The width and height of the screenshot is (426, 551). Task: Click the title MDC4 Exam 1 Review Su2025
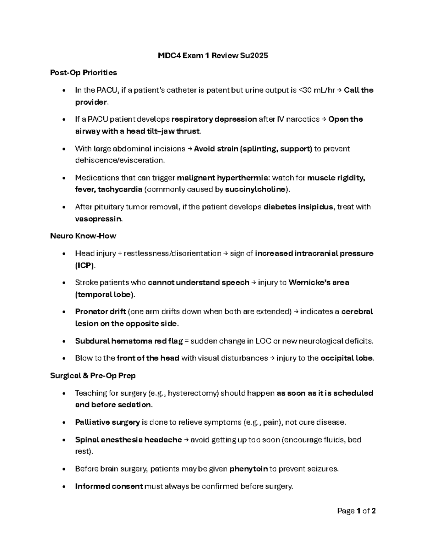pos(213,55)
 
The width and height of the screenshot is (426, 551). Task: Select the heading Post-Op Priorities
pos(83,73)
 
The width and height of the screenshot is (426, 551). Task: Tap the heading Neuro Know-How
pos(83,236)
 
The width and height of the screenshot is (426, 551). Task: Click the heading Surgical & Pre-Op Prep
pos(93,375)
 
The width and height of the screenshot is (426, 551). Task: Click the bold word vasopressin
pos(98,219)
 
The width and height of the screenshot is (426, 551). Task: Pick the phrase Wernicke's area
pos(318,283)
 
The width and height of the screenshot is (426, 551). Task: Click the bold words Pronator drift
pos(100,312)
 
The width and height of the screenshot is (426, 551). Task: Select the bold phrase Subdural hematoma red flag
pos(129,341)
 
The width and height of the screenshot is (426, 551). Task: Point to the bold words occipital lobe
pos(346,358)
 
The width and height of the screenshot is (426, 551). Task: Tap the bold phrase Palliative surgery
pos(107,422)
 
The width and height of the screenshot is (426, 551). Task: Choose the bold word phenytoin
pos(248,469)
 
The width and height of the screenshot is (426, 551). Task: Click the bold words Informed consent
pos(109,486)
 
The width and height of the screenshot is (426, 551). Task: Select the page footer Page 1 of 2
pos(356,511)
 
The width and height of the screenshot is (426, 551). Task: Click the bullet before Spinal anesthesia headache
pos(64,440)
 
